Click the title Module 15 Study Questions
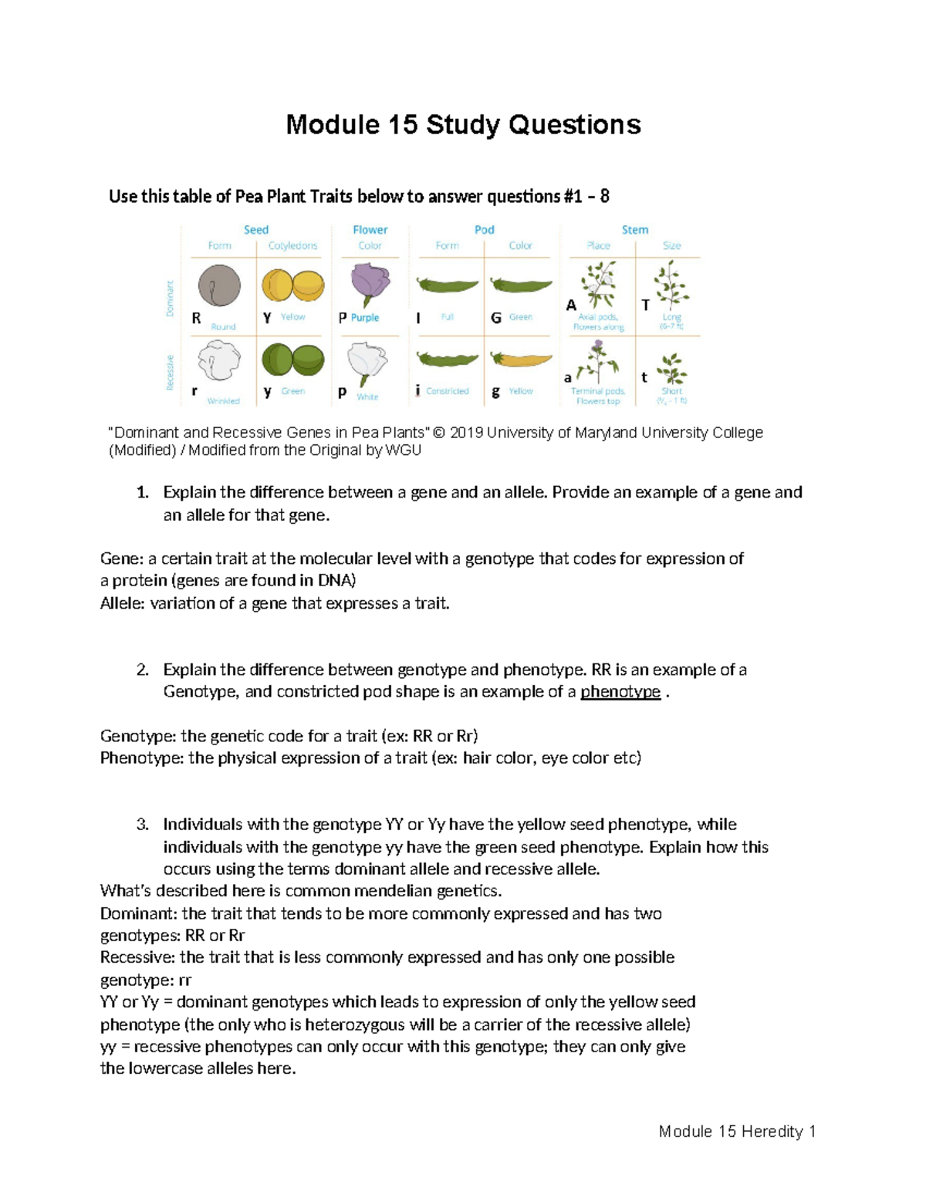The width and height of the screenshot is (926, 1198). pos(463,125)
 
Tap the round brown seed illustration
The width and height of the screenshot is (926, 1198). pos(219,286)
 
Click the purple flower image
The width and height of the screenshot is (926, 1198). pos(370,283)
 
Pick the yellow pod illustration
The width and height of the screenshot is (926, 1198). pos(522,359)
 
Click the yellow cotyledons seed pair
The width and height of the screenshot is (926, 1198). pos(292,285)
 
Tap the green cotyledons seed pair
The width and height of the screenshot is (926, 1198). pos(292,359)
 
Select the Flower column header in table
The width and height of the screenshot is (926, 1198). pos(370,230)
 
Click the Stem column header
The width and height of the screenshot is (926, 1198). pos(634,230)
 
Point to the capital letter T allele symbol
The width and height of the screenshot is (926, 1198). pos(645,305)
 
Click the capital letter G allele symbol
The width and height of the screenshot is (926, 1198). pos(496,318)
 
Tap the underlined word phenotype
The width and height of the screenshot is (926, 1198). pos(620,692)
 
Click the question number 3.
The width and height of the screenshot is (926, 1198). pos(142,825)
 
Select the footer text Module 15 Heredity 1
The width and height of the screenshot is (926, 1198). pos(736,1132)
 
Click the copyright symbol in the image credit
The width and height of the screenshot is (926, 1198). pos(439,433)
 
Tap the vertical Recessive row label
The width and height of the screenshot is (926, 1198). pos(170,373)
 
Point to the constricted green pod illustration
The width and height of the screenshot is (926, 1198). pos(448,359)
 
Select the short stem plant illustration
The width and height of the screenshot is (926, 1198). pos(672,369)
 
